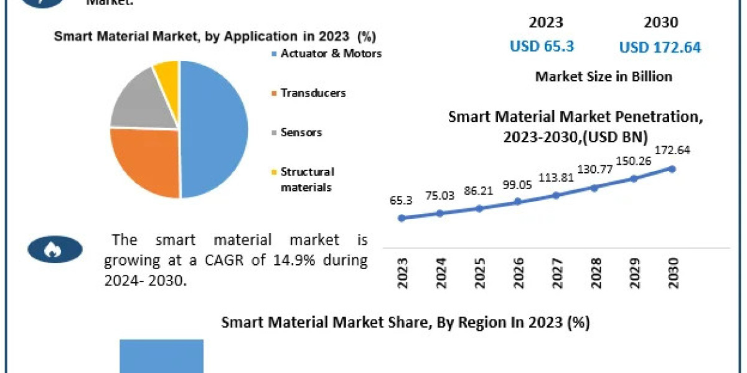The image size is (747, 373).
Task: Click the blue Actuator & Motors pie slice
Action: tap(215, 131)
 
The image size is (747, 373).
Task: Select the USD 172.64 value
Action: tap(660, 47)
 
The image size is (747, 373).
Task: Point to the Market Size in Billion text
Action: tap(603, 76)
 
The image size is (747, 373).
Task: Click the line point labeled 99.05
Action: tap(517, 201)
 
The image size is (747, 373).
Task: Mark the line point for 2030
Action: tap(672, 168)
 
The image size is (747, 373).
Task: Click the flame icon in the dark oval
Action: tap(55, 250)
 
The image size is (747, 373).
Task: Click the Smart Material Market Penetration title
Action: tap(575, 126)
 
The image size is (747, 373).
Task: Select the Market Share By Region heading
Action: tap(406, 323)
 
